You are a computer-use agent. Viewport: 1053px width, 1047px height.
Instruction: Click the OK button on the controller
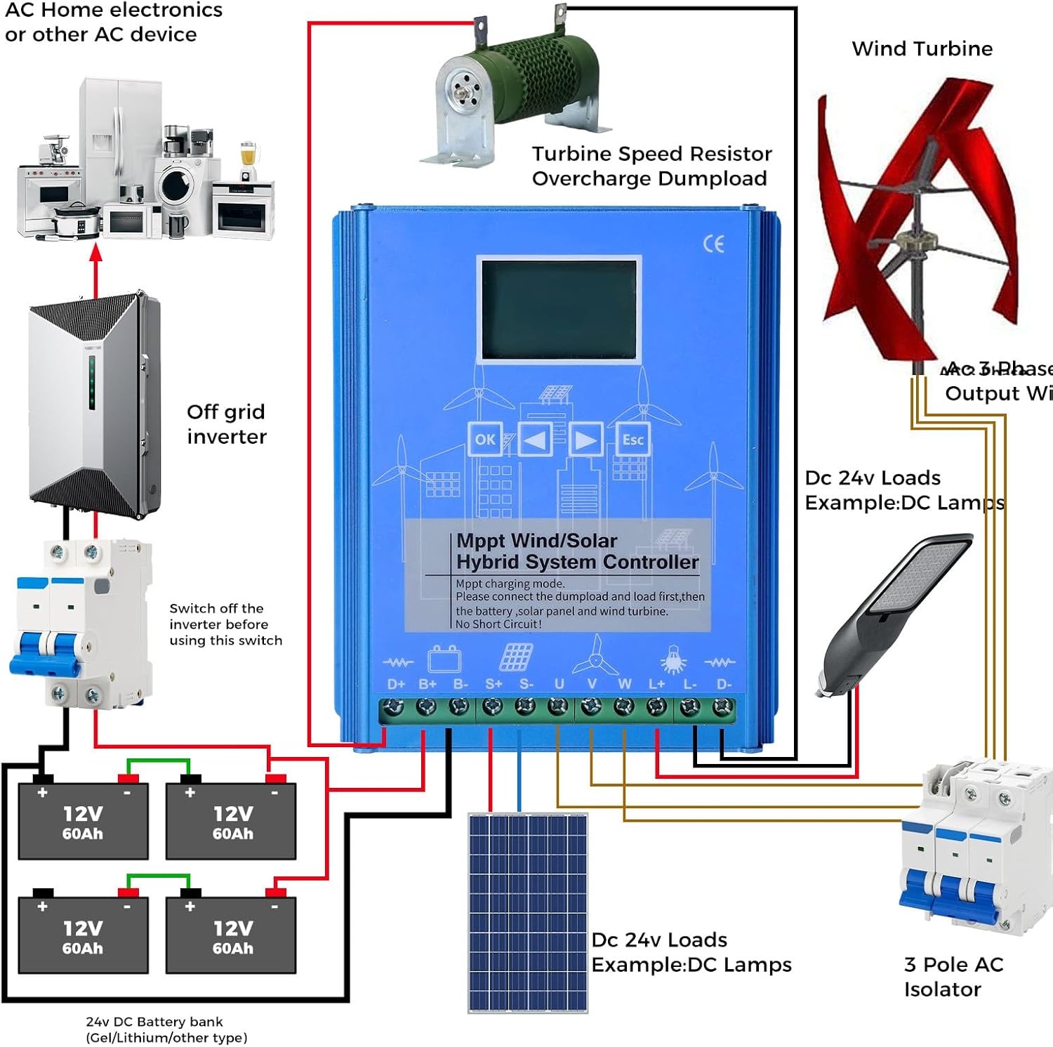tap(484, 440)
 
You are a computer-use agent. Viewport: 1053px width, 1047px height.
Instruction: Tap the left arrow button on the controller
tap(535, 440)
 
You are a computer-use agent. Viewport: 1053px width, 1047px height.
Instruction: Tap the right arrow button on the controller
tap(585, 440)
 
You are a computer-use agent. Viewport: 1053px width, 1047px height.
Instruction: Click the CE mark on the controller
tap(713, 244)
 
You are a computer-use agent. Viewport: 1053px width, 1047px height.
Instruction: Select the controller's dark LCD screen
tap(559, 310)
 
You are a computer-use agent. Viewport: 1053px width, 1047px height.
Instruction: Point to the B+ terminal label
tap(428, 684)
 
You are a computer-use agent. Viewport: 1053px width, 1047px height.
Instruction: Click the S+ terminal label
tap(494, 684)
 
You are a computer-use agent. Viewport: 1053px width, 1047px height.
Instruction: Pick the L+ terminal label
tap(657, 684)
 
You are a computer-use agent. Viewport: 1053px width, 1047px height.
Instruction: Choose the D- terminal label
tap(724, 684)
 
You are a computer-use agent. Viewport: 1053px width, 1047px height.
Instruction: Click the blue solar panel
tap(528, 912)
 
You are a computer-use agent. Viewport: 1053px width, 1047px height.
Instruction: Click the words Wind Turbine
tap(922, 48)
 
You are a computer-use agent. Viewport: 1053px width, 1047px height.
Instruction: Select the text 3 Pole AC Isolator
tap(953, 976)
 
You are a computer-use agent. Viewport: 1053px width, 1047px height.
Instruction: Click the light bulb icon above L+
tap(673, 660)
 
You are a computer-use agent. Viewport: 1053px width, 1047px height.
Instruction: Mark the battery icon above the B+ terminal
tap(444, 659)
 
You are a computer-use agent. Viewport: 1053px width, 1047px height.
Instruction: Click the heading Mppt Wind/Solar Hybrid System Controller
tap(576, 551)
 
